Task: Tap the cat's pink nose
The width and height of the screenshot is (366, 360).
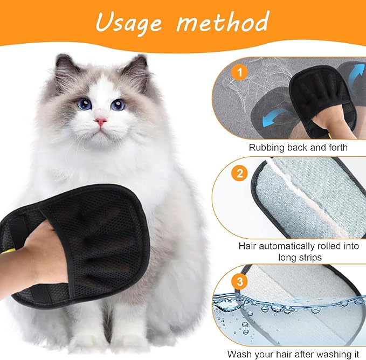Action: click(101, 122)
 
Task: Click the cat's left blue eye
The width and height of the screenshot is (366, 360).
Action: click(84, 104)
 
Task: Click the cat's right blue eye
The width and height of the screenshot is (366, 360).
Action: click(118, 105)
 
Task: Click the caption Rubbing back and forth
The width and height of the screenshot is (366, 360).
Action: click(298, 147)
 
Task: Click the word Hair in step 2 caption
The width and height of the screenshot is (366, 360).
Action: click(250, 246)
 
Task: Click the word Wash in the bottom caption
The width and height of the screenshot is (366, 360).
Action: click(239, 354)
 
